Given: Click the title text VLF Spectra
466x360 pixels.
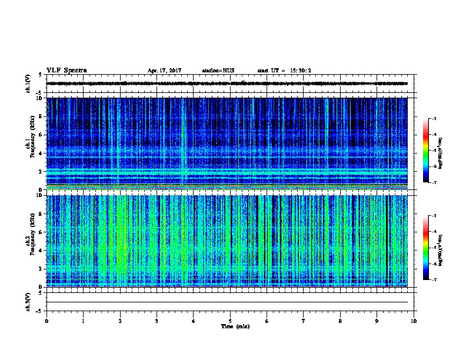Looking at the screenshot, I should pos(66,70).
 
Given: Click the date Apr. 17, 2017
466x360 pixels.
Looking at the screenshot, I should pos(164,71).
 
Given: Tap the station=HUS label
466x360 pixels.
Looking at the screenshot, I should pos(218,71).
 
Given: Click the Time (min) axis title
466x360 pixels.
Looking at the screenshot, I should pos(235,326).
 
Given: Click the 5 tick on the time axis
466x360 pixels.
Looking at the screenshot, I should pos(230,320).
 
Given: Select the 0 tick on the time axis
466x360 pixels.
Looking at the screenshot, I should pos(46,320).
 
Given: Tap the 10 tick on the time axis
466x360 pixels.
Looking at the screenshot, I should pos(414,320).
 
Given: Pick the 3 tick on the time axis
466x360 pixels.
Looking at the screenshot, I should pos(157,320).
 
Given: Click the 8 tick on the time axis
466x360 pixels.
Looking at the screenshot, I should pos(340,320).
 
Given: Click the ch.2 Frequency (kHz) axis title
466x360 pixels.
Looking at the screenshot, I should pos(30,241).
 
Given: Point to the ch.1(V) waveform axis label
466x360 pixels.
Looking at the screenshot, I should pos(28,84).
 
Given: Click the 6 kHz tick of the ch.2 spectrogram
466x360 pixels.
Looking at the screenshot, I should pos(41,232).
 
